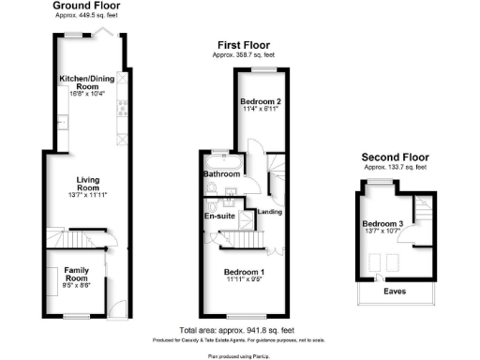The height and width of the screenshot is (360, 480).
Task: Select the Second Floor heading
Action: [x=395, y=157]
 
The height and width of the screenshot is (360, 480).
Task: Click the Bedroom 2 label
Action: [x=262, y=101]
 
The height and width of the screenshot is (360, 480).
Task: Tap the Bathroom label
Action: [x=222, y=174]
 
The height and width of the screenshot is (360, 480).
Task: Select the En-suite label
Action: [x=218, y=217]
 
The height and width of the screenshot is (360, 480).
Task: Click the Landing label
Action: [x=270, y=212]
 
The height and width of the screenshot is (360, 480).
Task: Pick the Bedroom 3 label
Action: [x=382, y=224]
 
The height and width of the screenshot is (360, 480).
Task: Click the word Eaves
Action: [x=395, y=291]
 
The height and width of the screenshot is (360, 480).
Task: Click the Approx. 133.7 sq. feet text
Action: [x=395, y=167]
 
